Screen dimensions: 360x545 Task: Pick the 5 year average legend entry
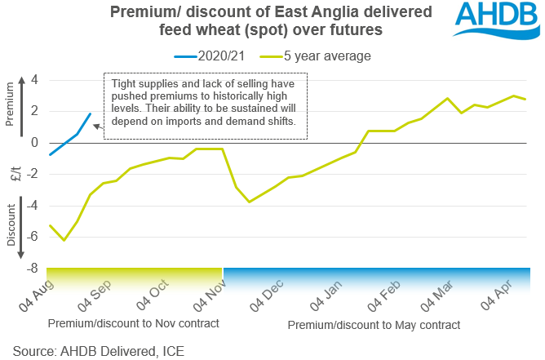tap(314, 56)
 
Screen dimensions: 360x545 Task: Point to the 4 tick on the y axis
tap(34, 80)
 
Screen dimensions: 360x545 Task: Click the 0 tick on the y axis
tap(34, 143)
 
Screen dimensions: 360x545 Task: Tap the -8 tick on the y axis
tap(32, 269)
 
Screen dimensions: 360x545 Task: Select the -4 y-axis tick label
tap(32, 206)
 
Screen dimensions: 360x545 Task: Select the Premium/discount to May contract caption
tap(374, 325)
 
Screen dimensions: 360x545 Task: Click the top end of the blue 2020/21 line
tap(90, 114)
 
